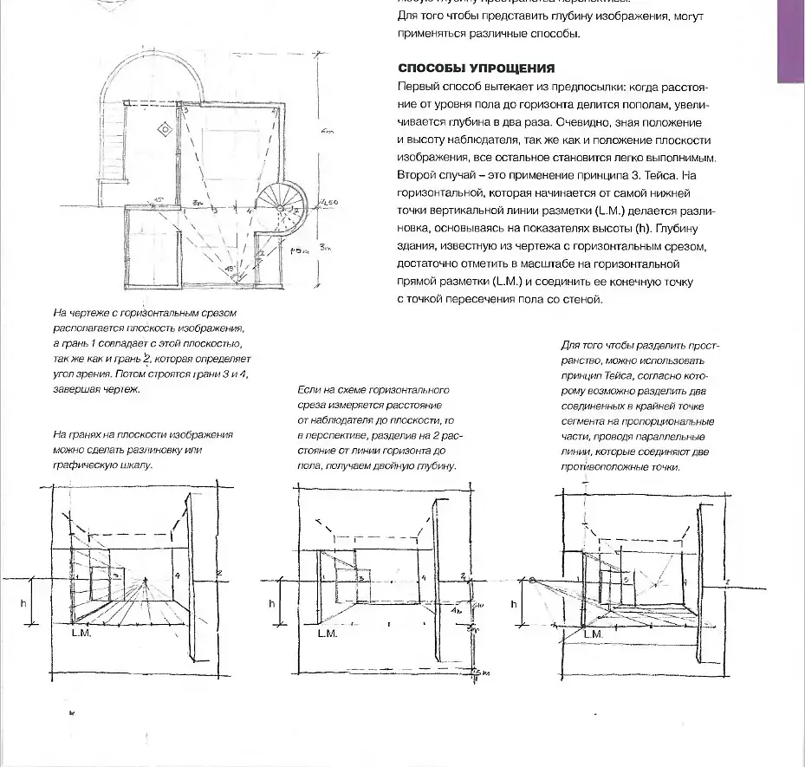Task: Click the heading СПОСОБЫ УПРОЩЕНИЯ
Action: click(x=476, y=68)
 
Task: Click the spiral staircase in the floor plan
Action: click(x=285, y=207)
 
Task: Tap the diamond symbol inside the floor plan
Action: click(x=164, y=129)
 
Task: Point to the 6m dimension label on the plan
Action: click(x=327, y=131)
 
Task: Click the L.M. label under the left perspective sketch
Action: click(x=82, y=634)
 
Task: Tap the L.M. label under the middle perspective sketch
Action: click(x=328, y=634)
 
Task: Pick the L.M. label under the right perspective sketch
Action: click(x=593, y=634)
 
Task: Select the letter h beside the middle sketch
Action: click(x=272, y=602)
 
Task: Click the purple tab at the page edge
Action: click(x=790, y=41)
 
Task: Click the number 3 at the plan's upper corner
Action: click(x=185, y=112)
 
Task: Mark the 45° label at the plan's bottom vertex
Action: click(x=229, y=268)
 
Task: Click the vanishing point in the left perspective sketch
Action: click(x=146, y=579)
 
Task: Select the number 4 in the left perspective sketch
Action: click(x=176, y=575)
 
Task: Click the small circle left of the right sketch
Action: click(x=530, y=580)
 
